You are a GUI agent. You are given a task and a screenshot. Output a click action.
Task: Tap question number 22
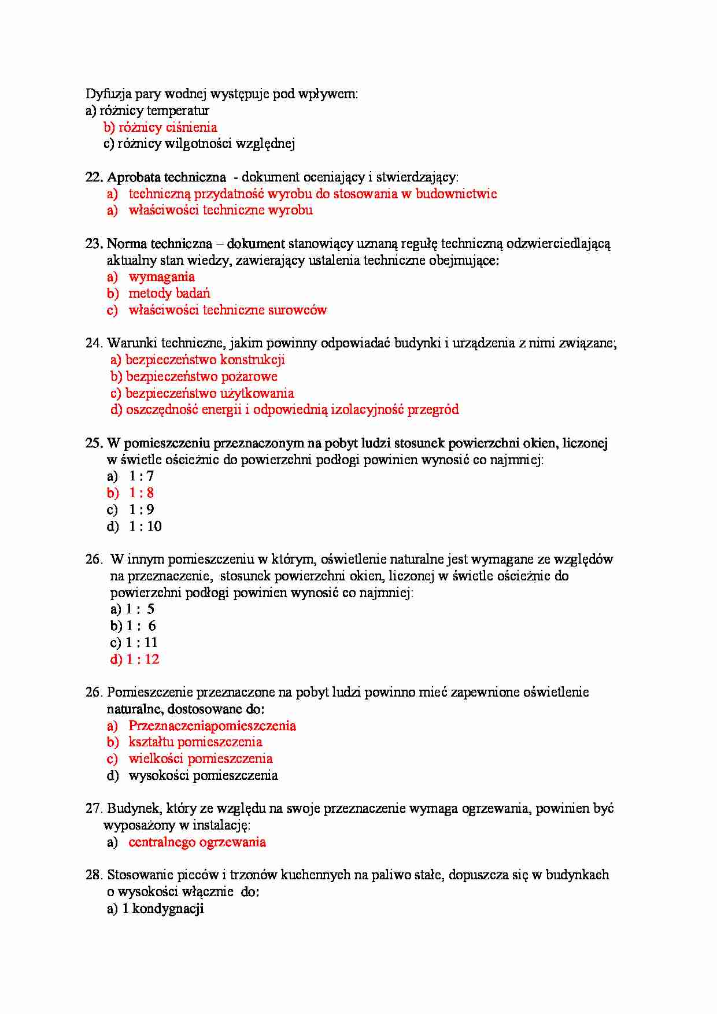[x=94, y=177]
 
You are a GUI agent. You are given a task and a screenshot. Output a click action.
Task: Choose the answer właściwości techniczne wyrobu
[x=220, y=210]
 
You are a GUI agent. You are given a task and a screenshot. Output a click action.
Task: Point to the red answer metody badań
[x=169, y=293]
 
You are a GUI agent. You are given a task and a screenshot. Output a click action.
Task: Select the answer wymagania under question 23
[x=161, y=277]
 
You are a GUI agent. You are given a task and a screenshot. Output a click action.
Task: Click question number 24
[x=94, y=343]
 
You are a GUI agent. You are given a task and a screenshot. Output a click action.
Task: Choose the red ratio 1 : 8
[x=141, y=493]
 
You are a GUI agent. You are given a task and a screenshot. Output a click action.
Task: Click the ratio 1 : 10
[x=145, y=527]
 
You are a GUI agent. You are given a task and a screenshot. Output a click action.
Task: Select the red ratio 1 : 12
[x=142, y=660]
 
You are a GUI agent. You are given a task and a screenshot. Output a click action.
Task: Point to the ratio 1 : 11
[x=142, y=643]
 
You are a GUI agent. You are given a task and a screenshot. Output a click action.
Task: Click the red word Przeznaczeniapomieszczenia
[x=212, y=726]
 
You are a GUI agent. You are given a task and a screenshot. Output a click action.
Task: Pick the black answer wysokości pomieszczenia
[x=203, y=776]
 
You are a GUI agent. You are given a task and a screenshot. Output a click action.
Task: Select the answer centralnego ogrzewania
[x=197, y=842]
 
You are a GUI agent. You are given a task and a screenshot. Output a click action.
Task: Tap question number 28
[x=94, y=875]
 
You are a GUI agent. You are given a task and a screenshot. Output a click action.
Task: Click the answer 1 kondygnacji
[x=163, y=909]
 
